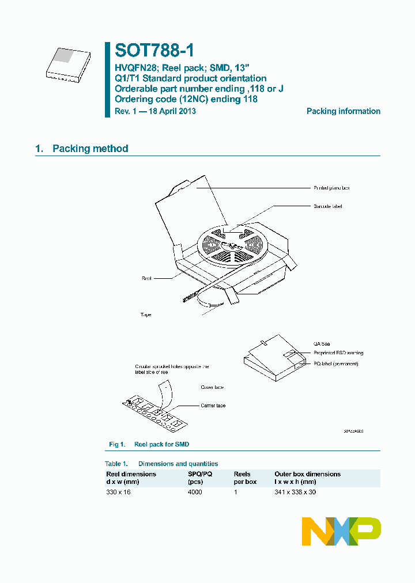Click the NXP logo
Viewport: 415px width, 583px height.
pyautogui.click(x=341, y=531)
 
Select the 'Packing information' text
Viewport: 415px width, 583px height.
pyautogui.click(x=343, y=111)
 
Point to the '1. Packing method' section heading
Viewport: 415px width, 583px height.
pyautogui.click(x=82, y=149)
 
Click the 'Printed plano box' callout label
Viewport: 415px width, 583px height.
pyautogui.click(x=331, y=188)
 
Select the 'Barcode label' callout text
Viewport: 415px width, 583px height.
pyautogui.click(x=328, y=206)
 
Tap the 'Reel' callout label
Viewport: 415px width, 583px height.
pyautogui.click(x=146, y=278)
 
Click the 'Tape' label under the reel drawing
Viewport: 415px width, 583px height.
pyautogui.click(x=146, y=315)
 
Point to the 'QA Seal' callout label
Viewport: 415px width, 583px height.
pyautogui.click(x=322, y=344)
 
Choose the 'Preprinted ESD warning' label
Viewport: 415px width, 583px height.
pyautogui.click(x=338, y=353)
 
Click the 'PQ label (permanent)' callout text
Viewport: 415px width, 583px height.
pyautogui.click(x=335, y=364)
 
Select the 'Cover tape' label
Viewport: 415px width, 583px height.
pyautogui.click(x=212, y=387)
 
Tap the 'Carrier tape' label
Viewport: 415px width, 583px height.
pyautogui.click(x=213, y=406)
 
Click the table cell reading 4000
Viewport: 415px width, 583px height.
pyautogui.click(x=195, y=492)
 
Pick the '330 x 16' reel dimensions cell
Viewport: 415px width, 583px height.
pyautogui.click(x=118, y=492)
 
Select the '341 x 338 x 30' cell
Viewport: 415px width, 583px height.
pyautogui.click(x=295, y=492)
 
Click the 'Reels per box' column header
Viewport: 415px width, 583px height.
pyautogui.click(x=245, y=478)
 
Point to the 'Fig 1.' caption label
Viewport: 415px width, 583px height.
pyautogui.click(x=117, y=444)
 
